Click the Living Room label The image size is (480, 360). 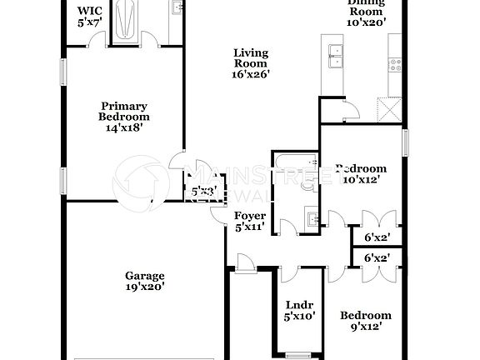coord(249,62)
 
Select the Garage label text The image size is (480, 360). coord(145,276)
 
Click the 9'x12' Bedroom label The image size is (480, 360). coord(366,322)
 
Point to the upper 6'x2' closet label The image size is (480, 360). coord(377,237)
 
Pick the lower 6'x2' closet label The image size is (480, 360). coord(377,259)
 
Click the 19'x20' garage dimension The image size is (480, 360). coord(145,287)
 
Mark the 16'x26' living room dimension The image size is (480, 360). coord(249,74)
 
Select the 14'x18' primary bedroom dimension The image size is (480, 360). coord(124,129)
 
